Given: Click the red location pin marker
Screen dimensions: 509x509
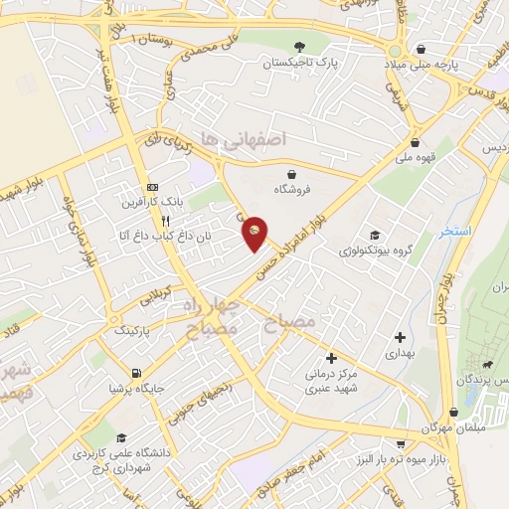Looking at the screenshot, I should click(255, 232).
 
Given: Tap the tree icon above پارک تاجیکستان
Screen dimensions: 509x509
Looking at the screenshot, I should click(300, 46).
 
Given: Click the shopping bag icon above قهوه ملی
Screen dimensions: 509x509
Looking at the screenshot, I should click(415, 141).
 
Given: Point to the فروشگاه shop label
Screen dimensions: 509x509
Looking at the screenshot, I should click(290, 187).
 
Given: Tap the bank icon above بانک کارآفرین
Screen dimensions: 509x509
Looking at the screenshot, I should click(152, 187).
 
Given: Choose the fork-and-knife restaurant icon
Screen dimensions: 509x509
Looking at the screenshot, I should click(168, 222).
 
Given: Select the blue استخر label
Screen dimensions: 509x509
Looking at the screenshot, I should click(456, 231).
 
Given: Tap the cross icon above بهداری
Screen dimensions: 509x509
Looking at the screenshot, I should click(399, 337).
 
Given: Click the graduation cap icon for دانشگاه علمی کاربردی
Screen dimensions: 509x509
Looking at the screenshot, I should click(121, 437).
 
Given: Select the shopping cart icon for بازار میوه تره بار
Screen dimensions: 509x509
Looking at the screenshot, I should click(400, 444).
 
